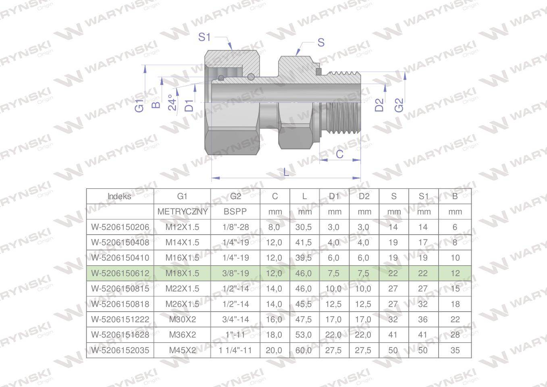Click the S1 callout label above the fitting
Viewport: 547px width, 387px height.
204,37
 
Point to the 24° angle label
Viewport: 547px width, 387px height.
172,102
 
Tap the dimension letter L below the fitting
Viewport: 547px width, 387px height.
286,172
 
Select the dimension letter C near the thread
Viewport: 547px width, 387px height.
339,154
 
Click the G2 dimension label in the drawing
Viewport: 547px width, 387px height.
399,105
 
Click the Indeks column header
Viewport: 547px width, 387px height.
119,196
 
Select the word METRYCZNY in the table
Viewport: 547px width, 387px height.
182,212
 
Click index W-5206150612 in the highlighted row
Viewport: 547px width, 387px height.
120,273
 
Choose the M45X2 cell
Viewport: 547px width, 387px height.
182,350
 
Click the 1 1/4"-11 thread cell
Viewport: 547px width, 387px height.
235,350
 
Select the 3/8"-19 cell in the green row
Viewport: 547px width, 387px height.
235,273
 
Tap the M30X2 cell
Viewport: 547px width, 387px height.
182,319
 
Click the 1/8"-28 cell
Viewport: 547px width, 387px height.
235,227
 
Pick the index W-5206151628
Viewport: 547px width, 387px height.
120,335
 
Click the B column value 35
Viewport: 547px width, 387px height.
455,350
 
